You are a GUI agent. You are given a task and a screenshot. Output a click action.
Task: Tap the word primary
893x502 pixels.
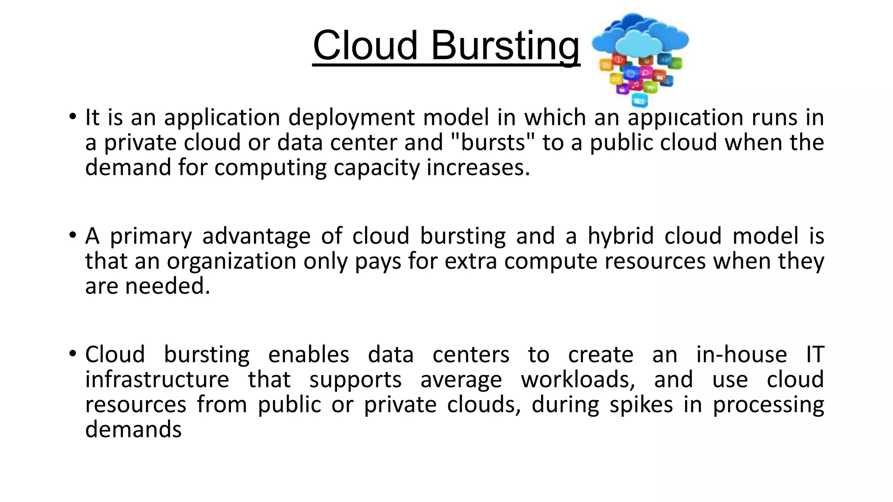(150, 237)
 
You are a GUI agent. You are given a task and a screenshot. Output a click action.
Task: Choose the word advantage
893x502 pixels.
(256, 237)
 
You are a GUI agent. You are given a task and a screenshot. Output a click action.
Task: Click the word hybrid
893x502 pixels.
(620, 237)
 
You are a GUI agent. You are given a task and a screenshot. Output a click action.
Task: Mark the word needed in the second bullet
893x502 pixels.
(167, 286)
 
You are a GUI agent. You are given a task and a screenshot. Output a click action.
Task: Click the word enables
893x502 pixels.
(309, 355)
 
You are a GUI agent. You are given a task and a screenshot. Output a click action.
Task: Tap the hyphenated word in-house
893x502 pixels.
(741, 355)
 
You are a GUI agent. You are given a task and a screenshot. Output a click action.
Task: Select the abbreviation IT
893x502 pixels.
(815, 355)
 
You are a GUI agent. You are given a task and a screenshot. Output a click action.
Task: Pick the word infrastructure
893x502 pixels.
(157, 380)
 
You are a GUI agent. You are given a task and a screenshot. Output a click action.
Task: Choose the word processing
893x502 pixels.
(768, 405)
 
